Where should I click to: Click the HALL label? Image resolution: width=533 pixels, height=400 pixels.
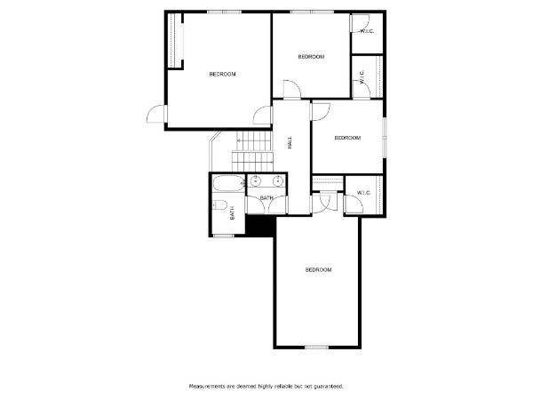coord(290,142)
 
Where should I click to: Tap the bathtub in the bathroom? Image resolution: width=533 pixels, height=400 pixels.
coord(229,184)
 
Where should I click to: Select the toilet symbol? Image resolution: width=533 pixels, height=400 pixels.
coord(220,204)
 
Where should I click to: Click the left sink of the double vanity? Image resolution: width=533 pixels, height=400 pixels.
coord(255,181)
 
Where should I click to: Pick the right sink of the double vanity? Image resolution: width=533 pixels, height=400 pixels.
coord(278,181)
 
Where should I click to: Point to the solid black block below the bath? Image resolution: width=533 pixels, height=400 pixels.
coord(260,226)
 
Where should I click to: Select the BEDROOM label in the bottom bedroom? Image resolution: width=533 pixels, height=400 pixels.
coord(319,270)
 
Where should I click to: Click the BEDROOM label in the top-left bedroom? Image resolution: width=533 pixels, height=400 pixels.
coord(223,74)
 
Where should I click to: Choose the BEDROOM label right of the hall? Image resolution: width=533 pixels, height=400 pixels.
coord(347,138)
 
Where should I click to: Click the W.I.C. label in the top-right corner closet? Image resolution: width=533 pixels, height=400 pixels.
coord(367,31)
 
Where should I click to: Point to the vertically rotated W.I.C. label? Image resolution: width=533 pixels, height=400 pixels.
coord(362,76)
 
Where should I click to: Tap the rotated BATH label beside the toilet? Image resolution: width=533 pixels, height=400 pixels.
coord(233,213)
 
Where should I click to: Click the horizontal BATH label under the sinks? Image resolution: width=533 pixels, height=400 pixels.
coord(266,198)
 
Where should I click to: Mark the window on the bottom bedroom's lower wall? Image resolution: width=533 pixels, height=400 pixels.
coord(316,348)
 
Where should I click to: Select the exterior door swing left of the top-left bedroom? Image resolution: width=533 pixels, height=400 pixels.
coord(155,114)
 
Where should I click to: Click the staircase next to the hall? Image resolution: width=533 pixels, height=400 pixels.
coord(252,151)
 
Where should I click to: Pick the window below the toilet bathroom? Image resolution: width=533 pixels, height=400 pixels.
coord(223,236)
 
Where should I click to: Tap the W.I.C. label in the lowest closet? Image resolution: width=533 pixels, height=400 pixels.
coord(364,193)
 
